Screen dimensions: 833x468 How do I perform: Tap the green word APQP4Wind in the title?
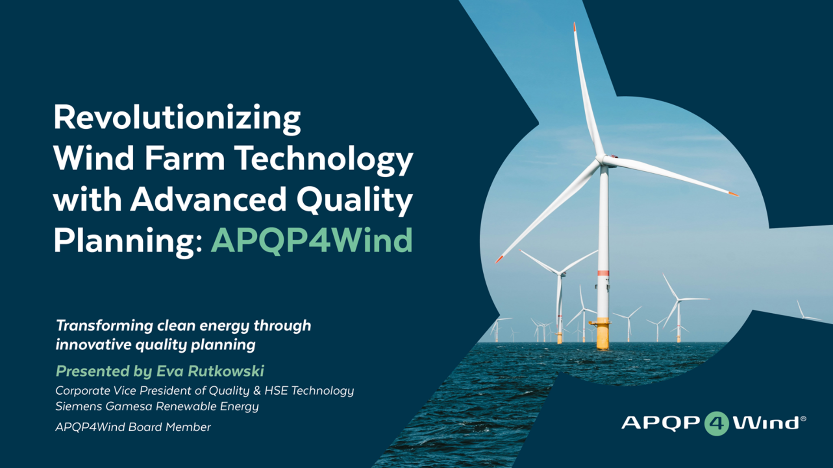[312, 240]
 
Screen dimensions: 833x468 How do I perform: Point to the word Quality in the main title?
[354, 201]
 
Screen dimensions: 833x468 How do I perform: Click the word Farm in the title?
[185, 158]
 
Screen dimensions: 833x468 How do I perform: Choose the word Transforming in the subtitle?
[105, 326]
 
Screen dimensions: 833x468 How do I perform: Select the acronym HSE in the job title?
[276, 390]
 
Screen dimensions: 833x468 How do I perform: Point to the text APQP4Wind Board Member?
[133, 427]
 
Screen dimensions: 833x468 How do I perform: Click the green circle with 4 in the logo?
[716, 423]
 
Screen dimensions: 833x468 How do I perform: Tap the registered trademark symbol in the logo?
[803, 419]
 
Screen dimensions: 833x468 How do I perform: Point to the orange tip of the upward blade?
[574, 27]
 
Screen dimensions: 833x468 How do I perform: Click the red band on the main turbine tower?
[603, 273]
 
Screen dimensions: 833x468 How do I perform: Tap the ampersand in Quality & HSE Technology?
[257, 391]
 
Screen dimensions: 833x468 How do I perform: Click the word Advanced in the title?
[209, 200]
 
